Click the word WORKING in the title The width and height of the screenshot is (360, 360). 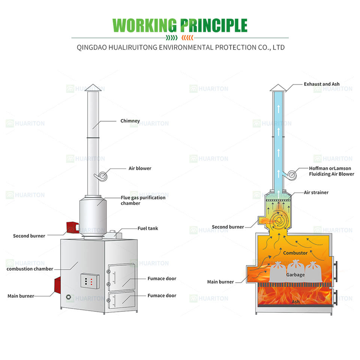(144, 25)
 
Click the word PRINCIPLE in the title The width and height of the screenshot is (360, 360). (214, 25)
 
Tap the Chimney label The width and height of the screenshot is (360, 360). (130, 121)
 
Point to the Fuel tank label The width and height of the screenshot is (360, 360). (147, 228)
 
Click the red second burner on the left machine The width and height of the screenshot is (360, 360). (71, 227)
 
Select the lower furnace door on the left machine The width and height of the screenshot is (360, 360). (121, 300)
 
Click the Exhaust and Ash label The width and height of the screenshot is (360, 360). (321, 84)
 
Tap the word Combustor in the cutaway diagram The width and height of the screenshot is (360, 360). (295, 253)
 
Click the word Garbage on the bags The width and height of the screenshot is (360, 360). (295, 274)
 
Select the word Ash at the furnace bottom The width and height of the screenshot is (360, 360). (295, 301)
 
